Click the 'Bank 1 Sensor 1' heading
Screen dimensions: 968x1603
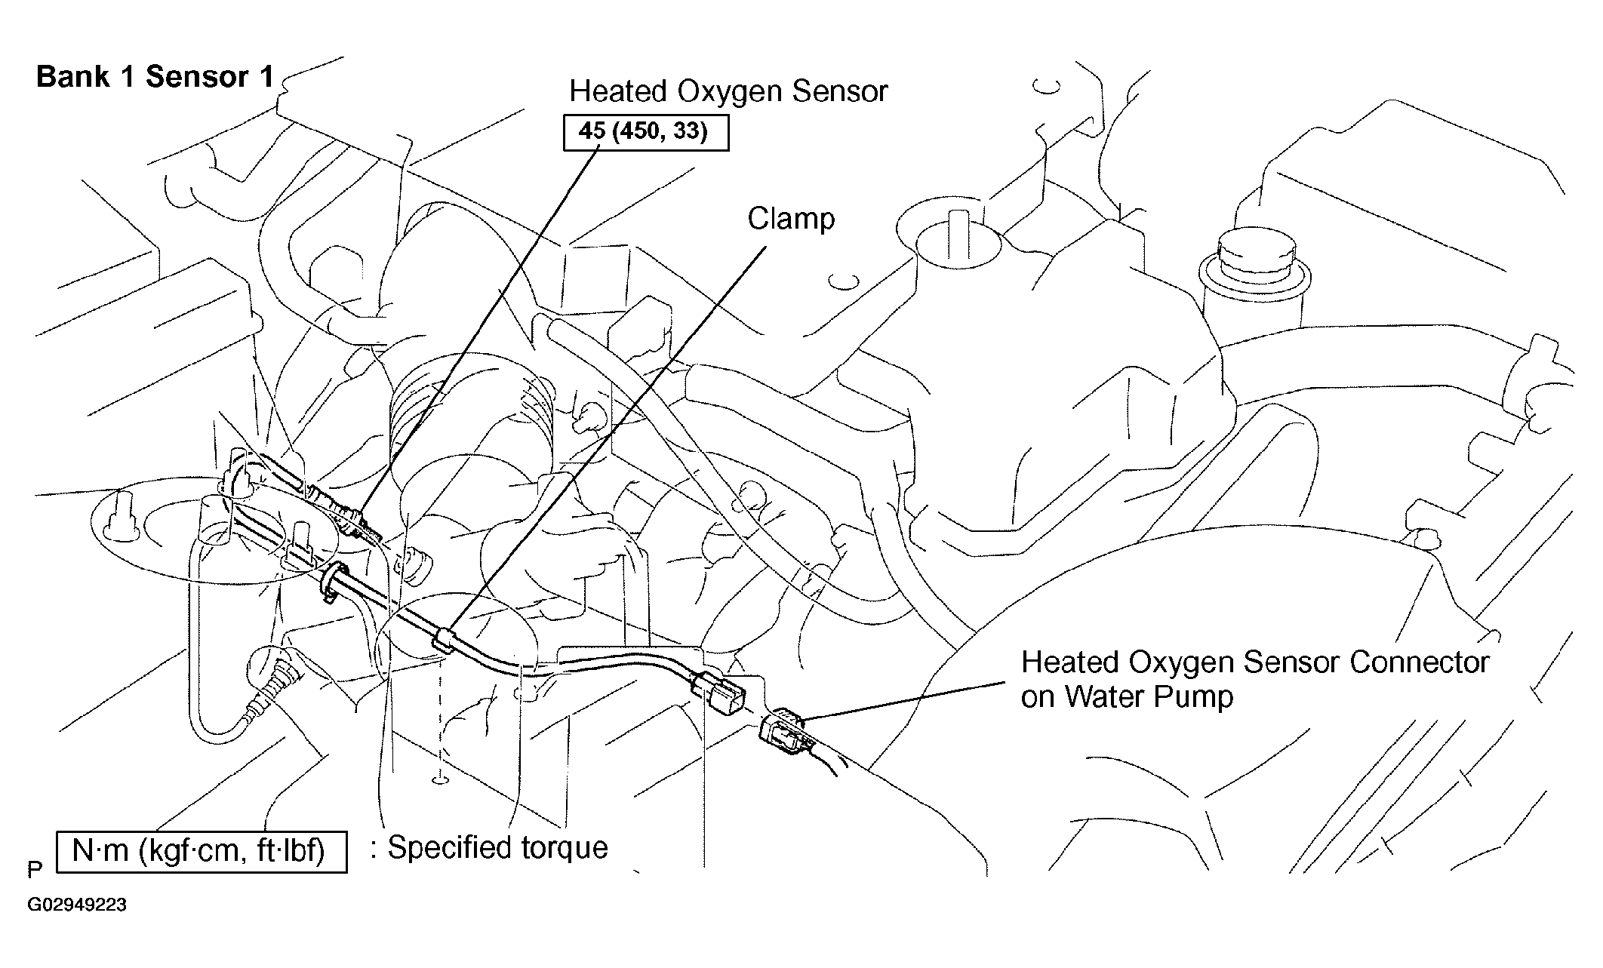point(155,78)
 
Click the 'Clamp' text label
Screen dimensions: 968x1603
point(791,219)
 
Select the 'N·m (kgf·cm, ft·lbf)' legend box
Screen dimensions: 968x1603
point(202,852)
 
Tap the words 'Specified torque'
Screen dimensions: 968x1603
point(498,848)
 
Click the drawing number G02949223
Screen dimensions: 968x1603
point(77,905)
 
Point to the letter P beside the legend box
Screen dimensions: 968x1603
point(35,870)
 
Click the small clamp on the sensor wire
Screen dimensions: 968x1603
point(443,640)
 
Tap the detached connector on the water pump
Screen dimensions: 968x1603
point(785,733)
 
